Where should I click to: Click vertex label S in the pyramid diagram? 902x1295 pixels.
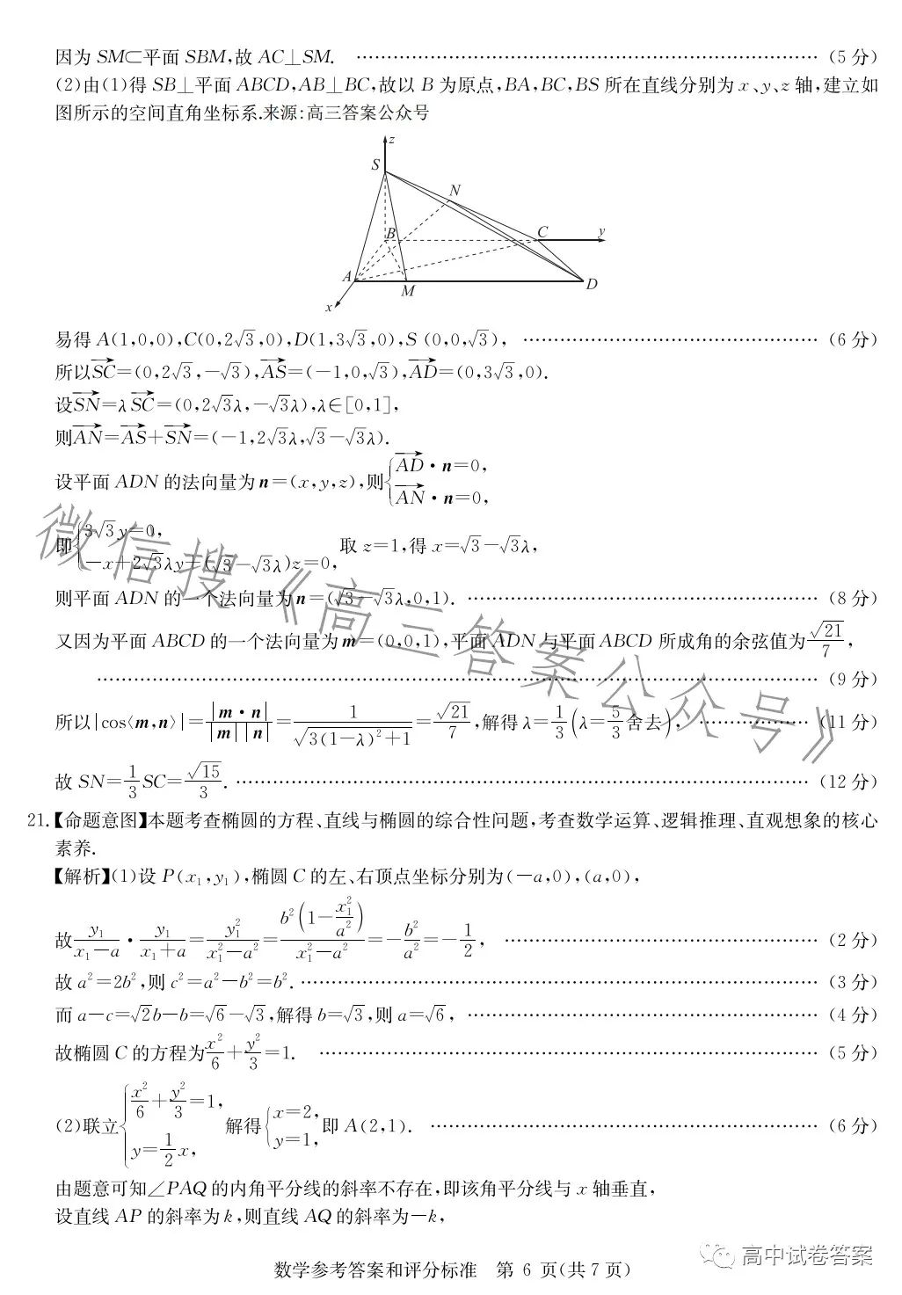[x=376, y=164]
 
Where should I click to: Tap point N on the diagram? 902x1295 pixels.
[x=455, y=190]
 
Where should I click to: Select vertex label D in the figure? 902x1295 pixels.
[x=592, y=284]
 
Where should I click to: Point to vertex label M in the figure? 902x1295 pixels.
[x=408, y=291]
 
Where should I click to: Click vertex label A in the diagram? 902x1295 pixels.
[x=347, y=276]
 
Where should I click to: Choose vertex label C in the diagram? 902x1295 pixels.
[x=542, y=232]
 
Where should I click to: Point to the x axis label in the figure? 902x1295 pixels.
[x=329, y=307]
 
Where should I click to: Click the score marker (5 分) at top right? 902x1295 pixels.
[x=852, y=58]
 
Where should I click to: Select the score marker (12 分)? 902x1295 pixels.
[x=848, y=781]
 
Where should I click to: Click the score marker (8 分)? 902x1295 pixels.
[x=852, y=598]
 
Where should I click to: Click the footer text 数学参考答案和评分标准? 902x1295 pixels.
[x=375, y=1270]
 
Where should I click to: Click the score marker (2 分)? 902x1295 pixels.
[x=852, y=940]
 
